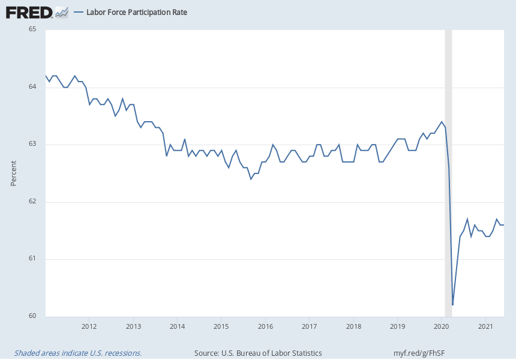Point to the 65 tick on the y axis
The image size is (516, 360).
32,29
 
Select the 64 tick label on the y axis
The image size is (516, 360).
32,87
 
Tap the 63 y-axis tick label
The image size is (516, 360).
32,144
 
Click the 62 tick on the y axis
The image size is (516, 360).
32,202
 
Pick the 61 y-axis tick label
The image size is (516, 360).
32,259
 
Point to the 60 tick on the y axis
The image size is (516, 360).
32,316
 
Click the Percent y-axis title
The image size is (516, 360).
14,173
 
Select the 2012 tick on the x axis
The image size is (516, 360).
89,326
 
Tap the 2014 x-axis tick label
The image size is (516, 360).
177,326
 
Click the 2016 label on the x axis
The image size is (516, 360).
265,326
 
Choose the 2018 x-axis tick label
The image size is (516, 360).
353,326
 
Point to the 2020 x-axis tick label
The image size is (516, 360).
441,326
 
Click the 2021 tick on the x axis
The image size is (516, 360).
485,326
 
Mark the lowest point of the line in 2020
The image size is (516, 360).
452,305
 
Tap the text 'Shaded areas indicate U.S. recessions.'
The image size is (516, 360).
78,353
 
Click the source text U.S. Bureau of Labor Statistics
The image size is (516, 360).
258,353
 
